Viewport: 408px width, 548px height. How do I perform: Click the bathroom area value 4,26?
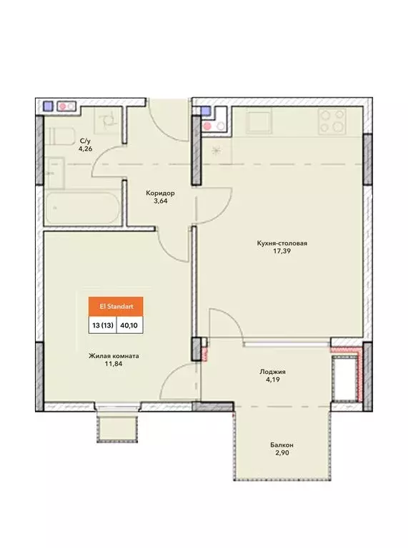click(x=85, y=148)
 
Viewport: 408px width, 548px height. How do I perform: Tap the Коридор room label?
click(x=160, y=193)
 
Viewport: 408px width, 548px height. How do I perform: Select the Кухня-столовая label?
click(x=282, y=243)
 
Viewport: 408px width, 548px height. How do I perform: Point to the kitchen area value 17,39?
click(x=282, y=251)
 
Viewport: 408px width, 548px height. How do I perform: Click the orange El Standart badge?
click(x=116, y=307)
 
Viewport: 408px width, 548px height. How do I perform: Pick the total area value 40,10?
click(x=129, y=325)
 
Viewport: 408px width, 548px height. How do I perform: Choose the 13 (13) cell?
click(x=102, y=325)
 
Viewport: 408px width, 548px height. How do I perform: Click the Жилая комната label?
click(x=114, y=356)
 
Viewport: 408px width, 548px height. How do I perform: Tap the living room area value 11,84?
click(x=114, y=364)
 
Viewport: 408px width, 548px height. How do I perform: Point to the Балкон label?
click(x=282, y=445)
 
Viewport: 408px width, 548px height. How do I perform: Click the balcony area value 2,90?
click(x=282, y=453)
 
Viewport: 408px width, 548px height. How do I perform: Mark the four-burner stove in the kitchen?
click(x=332, y=121)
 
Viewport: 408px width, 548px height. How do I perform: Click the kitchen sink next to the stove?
click(x=259, y=121)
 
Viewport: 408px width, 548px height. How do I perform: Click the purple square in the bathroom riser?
click(x=48, y=106)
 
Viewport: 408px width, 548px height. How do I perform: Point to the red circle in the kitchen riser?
click(x=207, y=126)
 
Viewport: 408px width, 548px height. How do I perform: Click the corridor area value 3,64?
click(x=161, y=201)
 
